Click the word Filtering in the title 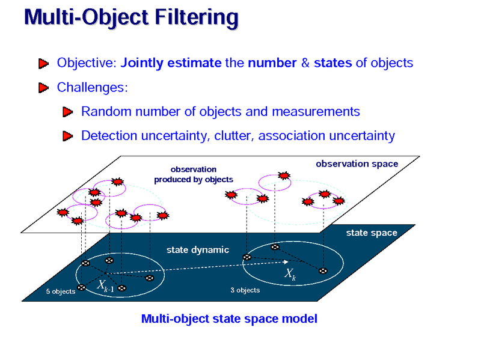tap(195, 17)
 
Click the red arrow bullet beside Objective tap(43, 63)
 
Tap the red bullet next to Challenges tap(43, 88)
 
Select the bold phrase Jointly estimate tap(171, 63)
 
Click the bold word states tap(332, 63)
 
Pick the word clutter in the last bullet tap(232, 136)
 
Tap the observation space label tap(357, 163)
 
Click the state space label tap(372, 233)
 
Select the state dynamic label tap(197, 249)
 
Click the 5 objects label tap(61, 291)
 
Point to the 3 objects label tap(245, 290)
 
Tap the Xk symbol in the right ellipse tap(290, 275)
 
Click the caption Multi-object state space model tap(228, 319)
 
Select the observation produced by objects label tap(193, 174)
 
